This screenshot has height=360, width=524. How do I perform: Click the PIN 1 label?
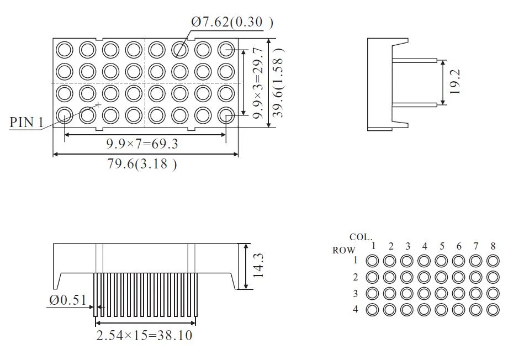(26, 121)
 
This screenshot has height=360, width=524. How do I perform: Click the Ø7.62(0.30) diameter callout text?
(232, 22)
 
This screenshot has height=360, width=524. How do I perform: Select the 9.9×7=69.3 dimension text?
(142, 144)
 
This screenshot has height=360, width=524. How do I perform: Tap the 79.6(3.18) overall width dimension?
(142, 164)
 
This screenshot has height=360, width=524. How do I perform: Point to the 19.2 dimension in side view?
(455, 82)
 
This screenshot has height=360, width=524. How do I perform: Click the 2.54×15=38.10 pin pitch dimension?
(145, 335)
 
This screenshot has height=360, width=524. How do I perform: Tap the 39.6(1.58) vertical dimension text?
(279, 82)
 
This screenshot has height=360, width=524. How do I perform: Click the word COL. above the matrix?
(360, 237)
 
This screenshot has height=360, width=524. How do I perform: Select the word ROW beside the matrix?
(344, 250)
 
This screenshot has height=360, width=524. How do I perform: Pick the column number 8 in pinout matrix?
(493, 246)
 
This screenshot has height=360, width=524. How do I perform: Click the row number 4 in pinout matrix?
(356, 309)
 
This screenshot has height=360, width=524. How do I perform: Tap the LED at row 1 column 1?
(372, 260)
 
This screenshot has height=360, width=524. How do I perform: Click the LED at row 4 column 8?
(493, 309)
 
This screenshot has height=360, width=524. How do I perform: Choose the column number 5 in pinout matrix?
(442, 246)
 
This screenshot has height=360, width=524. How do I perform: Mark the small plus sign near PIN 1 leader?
(98, 104)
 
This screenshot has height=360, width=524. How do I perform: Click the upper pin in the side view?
(414, 60)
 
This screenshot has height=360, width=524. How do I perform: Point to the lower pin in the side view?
(414, 104)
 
